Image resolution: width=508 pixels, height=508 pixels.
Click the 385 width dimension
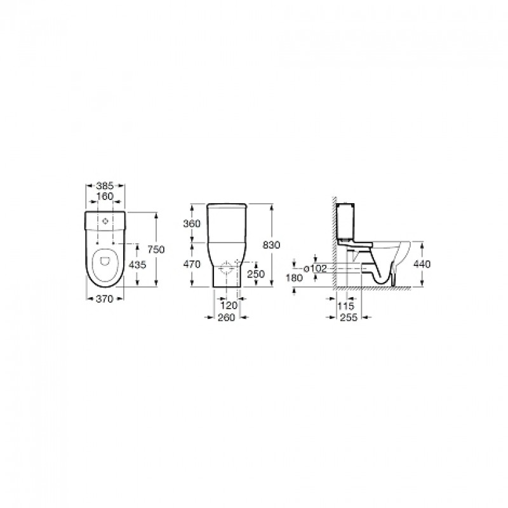click(105, 185)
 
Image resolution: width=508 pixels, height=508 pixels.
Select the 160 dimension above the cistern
click(105, 196)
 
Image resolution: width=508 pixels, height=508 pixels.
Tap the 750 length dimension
click(156, 250)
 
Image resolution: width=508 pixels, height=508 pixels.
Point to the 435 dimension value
click(138, 265)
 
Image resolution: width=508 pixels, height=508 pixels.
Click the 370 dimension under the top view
click(105, 298)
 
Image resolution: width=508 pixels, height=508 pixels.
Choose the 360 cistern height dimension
click(192, 224)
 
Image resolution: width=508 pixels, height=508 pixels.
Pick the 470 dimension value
click(192, 264)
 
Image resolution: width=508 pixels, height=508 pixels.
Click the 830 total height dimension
click(272, 245)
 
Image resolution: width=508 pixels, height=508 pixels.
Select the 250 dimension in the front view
click(256, 274)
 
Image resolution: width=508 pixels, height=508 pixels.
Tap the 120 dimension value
click(229, 305)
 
